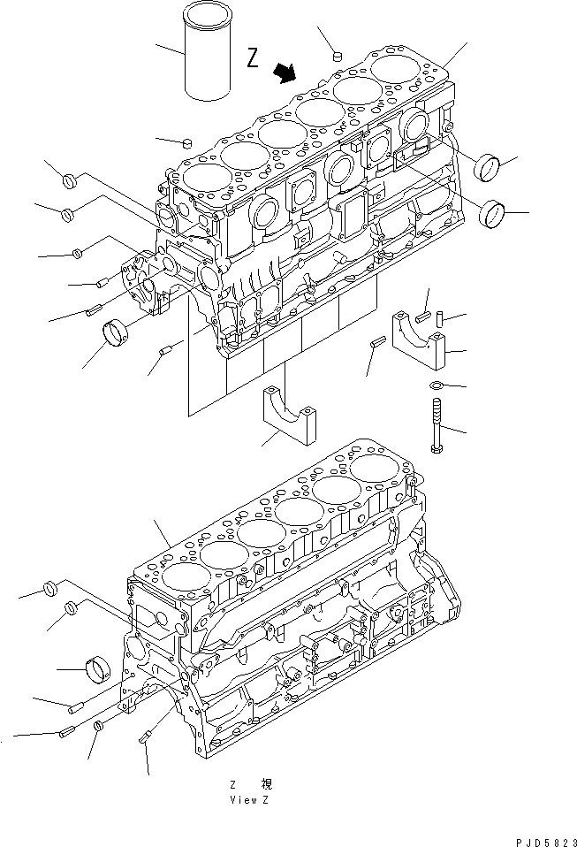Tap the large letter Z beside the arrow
click(253, 59)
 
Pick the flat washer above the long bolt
click(435, 385)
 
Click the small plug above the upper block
click(337, 57)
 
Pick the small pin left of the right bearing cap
click(376, 344)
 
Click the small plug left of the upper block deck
click(186, 141)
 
